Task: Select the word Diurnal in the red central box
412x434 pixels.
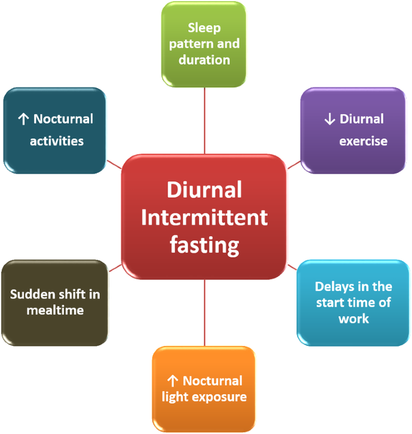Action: (x=204, y=190)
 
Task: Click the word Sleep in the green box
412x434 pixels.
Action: (x=204, y=28)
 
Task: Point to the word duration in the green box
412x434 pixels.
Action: (x=204, y=60)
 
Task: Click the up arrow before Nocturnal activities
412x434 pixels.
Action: (x=24, y=119)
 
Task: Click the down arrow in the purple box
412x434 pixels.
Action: (x=329, y=119)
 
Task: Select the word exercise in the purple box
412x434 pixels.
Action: (x=363, y=141)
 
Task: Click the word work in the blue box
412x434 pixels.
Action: (x=354, y=318)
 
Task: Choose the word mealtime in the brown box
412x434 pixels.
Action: (x=55, y=310)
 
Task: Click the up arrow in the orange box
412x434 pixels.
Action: (x=173, y=381)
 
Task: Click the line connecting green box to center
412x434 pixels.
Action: (x=204, y=121)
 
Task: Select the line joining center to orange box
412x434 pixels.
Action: (x=204, y=313)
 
